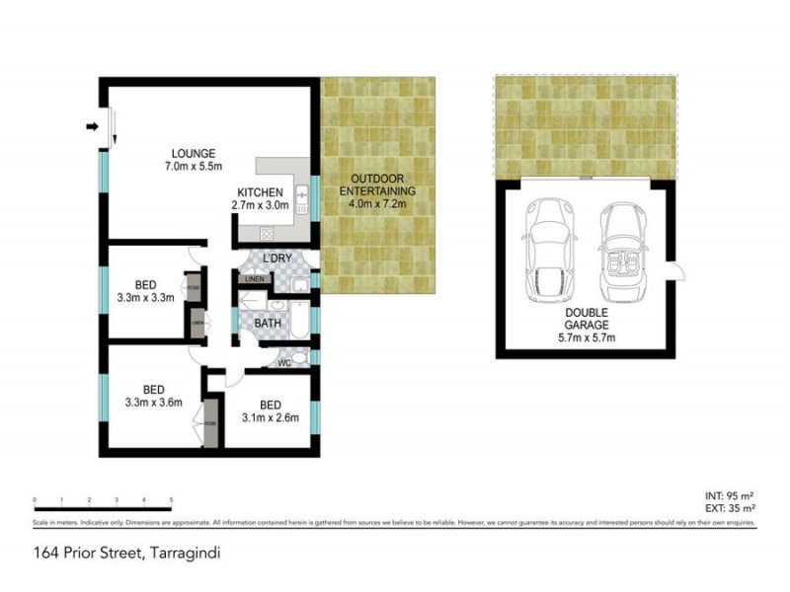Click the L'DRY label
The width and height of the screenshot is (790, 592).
(x=262, y=259)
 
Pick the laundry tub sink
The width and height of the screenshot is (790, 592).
(x=301, y=286)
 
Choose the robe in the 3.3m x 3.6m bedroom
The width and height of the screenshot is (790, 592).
(x=209, y=422)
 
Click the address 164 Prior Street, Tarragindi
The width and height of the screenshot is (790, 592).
(x=124, y=554)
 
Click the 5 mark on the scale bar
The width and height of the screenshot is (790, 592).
(x=172, y=500)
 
